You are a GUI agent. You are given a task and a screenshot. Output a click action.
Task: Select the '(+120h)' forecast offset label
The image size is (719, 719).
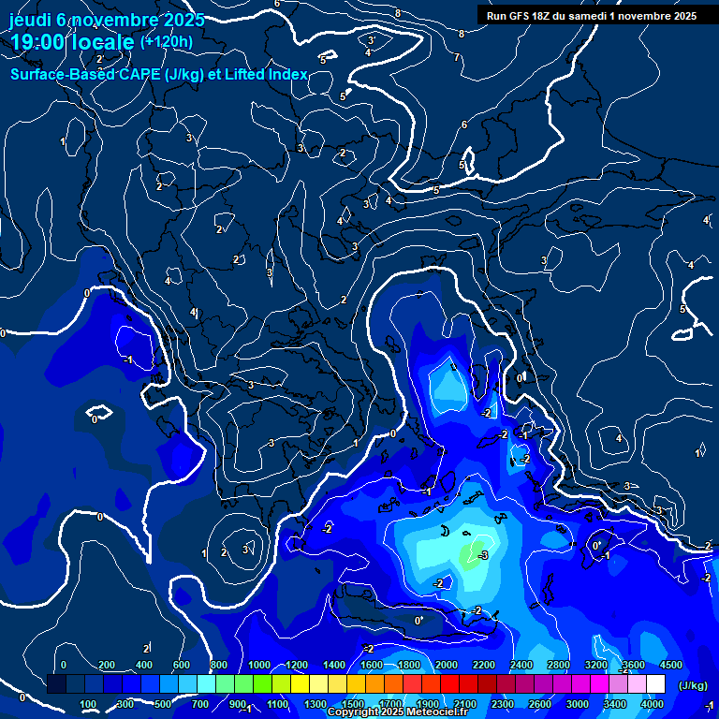tap(166, 42)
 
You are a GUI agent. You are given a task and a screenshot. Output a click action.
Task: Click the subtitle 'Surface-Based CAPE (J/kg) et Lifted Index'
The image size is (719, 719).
tap(159, 74)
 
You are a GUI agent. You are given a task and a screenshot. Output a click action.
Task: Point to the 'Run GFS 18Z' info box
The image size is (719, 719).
tap(592, 16)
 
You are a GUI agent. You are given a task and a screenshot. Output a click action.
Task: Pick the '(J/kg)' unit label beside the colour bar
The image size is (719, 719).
tap(693, 686)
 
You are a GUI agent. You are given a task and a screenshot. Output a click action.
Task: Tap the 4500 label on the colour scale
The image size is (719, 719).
tap(670, 665)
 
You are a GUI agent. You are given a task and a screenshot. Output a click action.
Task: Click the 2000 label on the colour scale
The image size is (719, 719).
tap(446, 665)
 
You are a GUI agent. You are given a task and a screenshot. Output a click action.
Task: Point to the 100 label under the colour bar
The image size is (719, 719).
tap(88, 704)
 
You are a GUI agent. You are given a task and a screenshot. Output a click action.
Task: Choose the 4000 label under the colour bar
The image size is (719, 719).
tap(653, 704)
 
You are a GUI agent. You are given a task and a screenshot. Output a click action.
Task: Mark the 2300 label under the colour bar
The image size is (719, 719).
tap(503, 704)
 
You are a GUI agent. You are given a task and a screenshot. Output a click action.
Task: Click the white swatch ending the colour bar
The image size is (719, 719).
tap(655, 684)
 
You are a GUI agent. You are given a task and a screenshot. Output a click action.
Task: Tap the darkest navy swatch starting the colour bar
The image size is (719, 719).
tap(56, 684)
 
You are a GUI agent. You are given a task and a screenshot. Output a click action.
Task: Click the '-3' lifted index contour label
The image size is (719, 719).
tap(483, 556)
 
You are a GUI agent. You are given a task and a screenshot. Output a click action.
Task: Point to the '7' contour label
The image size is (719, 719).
tap(456, 58)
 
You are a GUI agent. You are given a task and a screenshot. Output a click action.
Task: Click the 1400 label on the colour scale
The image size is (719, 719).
tap(332, 665)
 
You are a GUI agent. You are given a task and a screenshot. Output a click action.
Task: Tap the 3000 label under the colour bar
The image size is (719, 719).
tap(578, 704)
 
